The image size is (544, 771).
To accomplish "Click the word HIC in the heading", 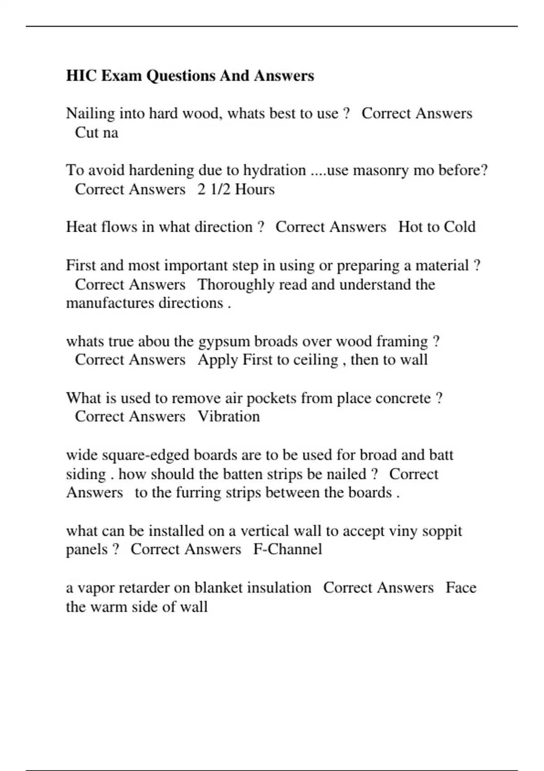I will pos(82,76).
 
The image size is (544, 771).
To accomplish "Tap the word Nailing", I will pos(90,113).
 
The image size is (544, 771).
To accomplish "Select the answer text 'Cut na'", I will pos(96,133).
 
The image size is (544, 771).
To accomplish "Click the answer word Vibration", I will pos(229,416).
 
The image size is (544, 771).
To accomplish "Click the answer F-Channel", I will pos(287,549).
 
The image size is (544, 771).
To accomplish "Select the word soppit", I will pos(442,531).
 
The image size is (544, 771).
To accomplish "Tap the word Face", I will pos(461,588).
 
